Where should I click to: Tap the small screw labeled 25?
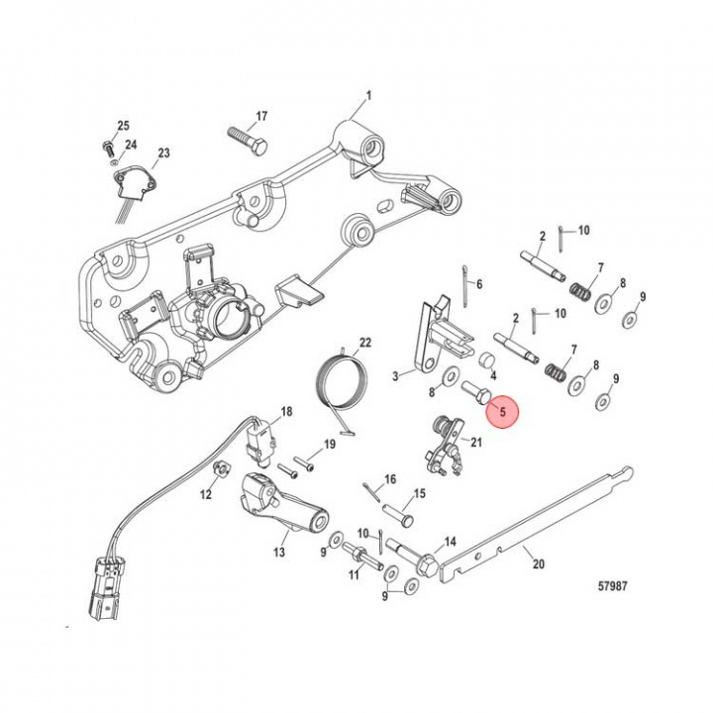[105, 147]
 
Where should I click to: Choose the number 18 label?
[286, 411]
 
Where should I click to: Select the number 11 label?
[353, 574]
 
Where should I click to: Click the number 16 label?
[390, 479]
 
